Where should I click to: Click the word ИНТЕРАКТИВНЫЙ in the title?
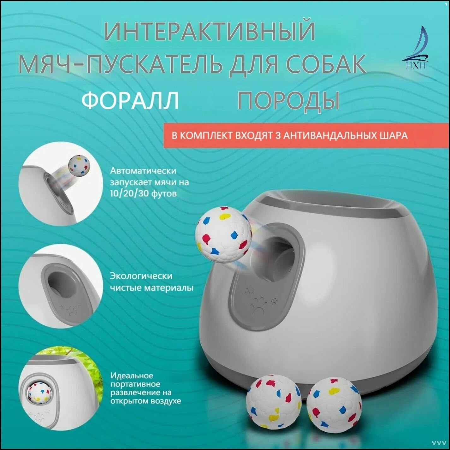tap(210, 31)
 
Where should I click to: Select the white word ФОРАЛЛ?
tap(130, 100)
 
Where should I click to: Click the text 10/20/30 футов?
tap(143, 193)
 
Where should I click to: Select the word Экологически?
tap(141, 276)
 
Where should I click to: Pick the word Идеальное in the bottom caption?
tap(132, 376)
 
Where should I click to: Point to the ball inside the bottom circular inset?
tap(39, 393)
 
